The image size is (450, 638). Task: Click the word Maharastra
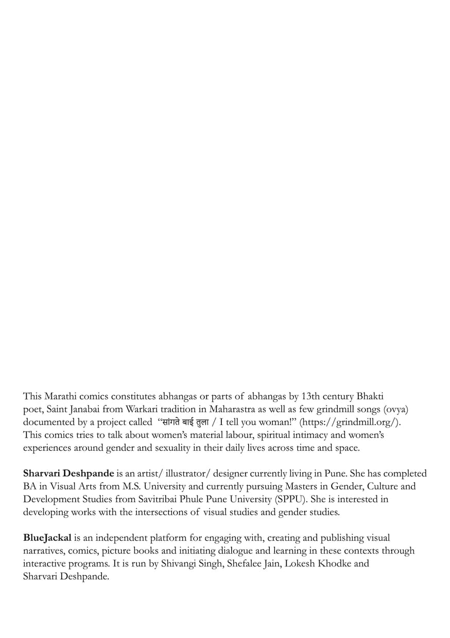coord(234,409)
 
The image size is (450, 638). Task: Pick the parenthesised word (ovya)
coord(397,409)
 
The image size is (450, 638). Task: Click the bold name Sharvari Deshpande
coord(68,473)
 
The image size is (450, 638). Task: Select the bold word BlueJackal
coord(47,538)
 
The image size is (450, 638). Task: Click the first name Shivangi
coord(179,563)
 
